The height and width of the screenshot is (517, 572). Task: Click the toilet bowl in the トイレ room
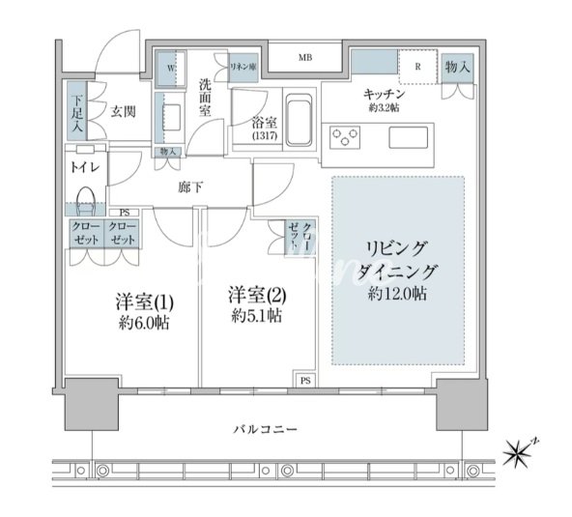[86, 201]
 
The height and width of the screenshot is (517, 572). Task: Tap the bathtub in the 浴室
[299, 120]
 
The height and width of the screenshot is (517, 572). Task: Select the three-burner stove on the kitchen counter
[345, 137]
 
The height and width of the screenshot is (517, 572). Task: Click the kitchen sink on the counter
[408, 137]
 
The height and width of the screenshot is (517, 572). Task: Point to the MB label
[305, 58]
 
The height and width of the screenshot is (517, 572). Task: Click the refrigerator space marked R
[417, 67]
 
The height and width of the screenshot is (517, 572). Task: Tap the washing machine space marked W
[171, 69]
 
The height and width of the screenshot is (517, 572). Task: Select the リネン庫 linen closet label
[243, 67]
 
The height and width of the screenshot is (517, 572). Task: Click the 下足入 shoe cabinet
[76, 111]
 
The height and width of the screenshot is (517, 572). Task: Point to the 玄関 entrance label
[124, 112]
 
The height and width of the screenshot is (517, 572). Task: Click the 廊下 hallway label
[190, 187]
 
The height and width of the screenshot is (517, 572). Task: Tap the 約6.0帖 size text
[144, 323]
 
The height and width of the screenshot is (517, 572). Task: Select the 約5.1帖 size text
[257, 316]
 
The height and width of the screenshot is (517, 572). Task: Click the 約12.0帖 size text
[397, 294]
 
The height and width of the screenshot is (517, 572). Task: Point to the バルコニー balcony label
[265, 429]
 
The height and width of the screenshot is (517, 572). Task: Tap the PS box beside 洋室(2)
[305, 380]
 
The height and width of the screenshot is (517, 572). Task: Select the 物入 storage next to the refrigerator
[457, 68]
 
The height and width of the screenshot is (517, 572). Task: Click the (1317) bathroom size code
[265, 135]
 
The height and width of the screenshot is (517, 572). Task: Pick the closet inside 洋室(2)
[300, 237]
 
